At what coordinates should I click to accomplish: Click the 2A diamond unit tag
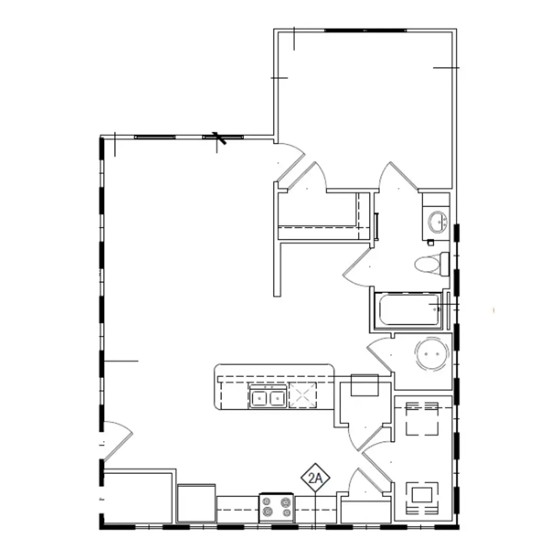pyautogui.click(x=315, y=479)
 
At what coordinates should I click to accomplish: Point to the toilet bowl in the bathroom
pyautogui.click(x=425, y=265)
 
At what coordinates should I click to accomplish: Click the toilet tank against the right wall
pyautogui.click(x=445, y=264)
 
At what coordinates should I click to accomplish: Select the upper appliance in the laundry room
pyautogui.click(x=422, y=419)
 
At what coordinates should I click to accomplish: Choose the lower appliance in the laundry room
pyautogui.click(x=422, y=498)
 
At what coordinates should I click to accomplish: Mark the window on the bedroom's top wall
pyautogui.click(x=366, y=30)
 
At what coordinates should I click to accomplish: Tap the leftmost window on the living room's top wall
pyautogui.click(x=155, y=137)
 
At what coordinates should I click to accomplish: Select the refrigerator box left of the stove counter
pyautogui.click(x=196, y=503)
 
